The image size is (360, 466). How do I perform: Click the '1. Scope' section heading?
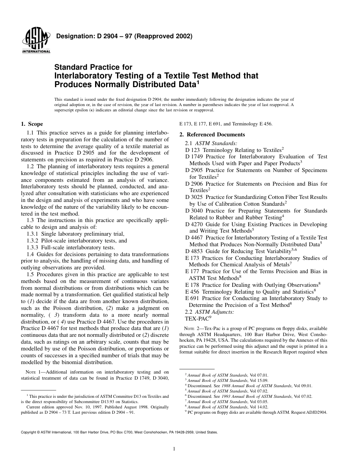(x=32, y=124)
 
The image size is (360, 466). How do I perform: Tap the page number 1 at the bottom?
(x=174, y=449)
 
